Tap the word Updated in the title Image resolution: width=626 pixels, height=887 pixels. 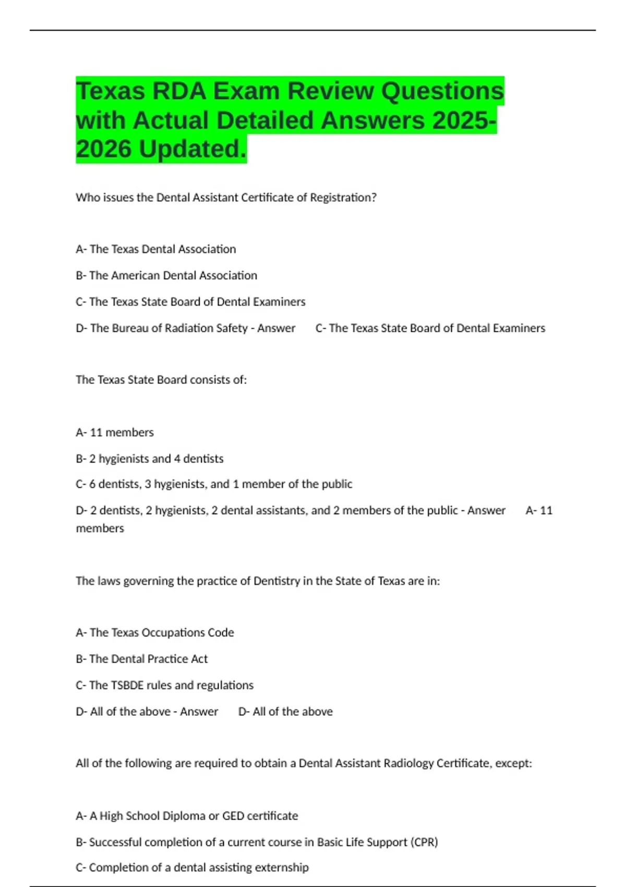pyautogui.click(x=192, y=149)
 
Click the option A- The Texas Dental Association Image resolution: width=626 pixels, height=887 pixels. pyautogui.click(x=156, y=249)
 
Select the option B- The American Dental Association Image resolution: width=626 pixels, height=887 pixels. pyautogui.click(x=166, y=275)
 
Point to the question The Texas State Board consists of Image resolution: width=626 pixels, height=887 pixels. pyautogui.click(x=161, y=380)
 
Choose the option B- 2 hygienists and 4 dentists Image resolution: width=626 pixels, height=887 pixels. pyautogui.click(x=150, y=459)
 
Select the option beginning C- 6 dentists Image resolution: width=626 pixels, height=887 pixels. pyautogui.click(x=214, y=484)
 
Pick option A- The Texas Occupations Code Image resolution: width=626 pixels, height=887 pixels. pyautogui.click(x=155, y=633)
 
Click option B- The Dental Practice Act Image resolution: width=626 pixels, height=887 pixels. pyautogui.click(x=142, y=659)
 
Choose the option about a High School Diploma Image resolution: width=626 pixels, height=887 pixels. pyautogui.click(x=187, y=816)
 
